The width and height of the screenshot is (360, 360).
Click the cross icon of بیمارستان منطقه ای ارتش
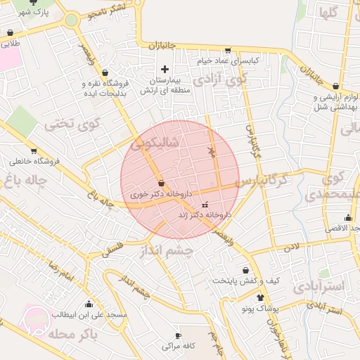[x=165, y=69]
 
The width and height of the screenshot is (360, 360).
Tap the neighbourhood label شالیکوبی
[x=155, y=143]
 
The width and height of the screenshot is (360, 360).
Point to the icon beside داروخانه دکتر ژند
[x=205, y=205]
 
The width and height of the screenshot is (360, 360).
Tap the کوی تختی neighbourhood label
[x=68, y=124]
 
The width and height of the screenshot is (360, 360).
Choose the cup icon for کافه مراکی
[x=178, y=335]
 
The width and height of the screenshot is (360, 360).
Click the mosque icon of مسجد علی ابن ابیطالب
[x=89, y=304]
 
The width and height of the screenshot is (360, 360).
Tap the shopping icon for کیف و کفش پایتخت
[x=245, y=270]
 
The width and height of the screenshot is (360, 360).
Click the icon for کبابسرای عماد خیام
[x=227, y=50]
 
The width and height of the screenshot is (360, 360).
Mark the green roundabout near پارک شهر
[x=71, y=20]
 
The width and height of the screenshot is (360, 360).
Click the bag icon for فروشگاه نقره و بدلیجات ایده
[x=105, y=72]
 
